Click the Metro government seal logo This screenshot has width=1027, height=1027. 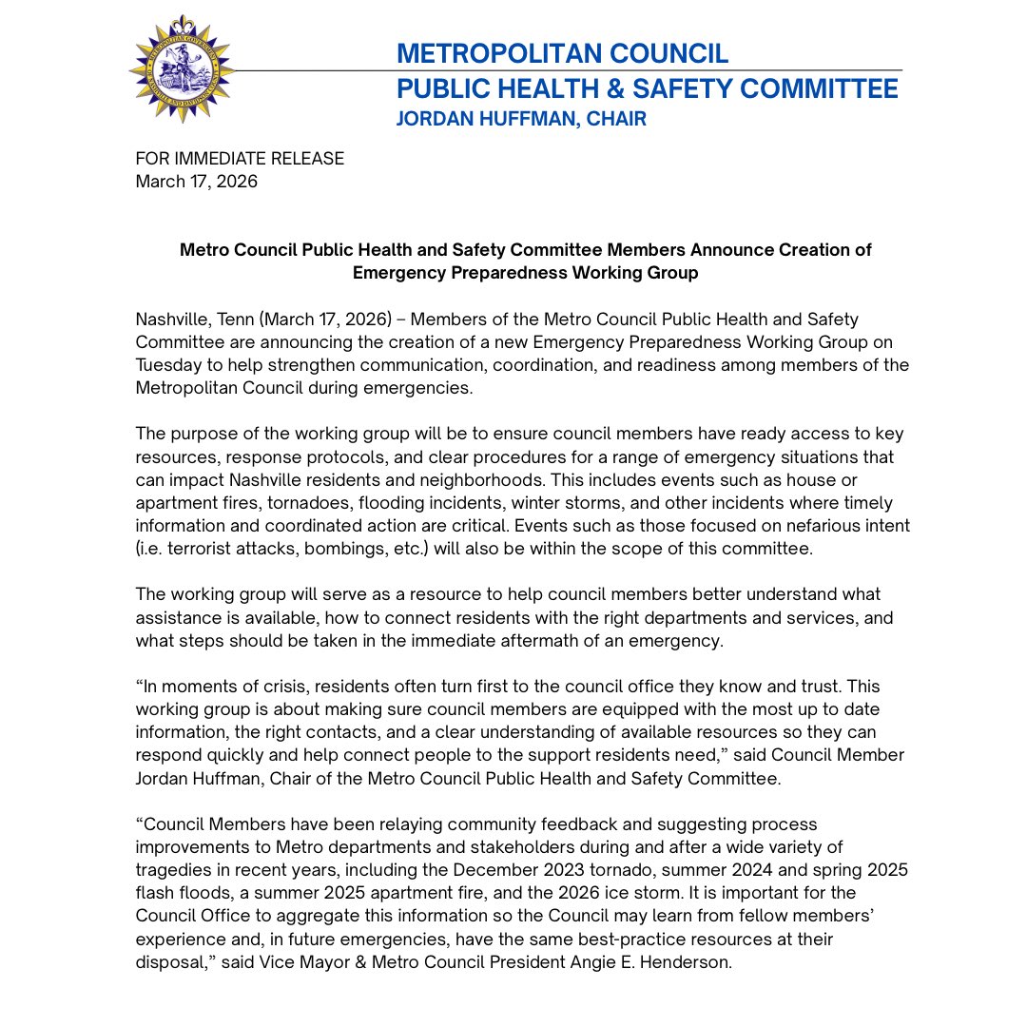pyautogui.click(x=182, y=69)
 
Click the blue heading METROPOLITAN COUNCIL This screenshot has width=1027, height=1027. pyautogui.click(x=562, y=53)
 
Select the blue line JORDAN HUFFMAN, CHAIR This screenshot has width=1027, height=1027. pyautogui.click(x=521, y=120)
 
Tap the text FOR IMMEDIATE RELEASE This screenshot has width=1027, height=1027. pyautogui.click(x=240, y=159)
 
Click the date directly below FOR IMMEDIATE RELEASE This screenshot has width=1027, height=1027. pyautogui.click(x=196, y=181)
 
